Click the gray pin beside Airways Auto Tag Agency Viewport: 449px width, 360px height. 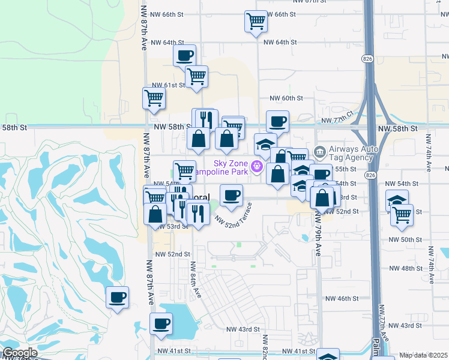pyautogui.click(x=319, y=150)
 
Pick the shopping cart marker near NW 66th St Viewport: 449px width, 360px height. pyautogui.click(x=256, y=22)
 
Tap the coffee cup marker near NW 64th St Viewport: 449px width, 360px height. pyautogui.click(x=184, y=56)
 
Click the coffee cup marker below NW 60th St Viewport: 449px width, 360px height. pyautogui.click(x=277, y=122)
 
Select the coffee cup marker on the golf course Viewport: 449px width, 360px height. pyautogui.click(x=118, y=297)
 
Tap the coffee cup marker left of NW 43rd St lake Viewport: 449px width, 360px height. pyautogui.click(x=161, y=324)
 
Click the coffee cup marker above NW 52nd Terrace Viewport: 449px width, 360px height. pyautogui.click(x=232, y=195)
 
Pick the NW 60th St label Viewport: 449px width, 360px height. pyautogui.click(x=285, y=98)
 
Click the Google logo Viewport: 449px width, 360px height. pyautogui.click(x=20, y=353)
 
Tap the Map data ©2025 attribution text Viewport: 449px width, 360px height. pyautogui.click(x=423, y=355)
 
